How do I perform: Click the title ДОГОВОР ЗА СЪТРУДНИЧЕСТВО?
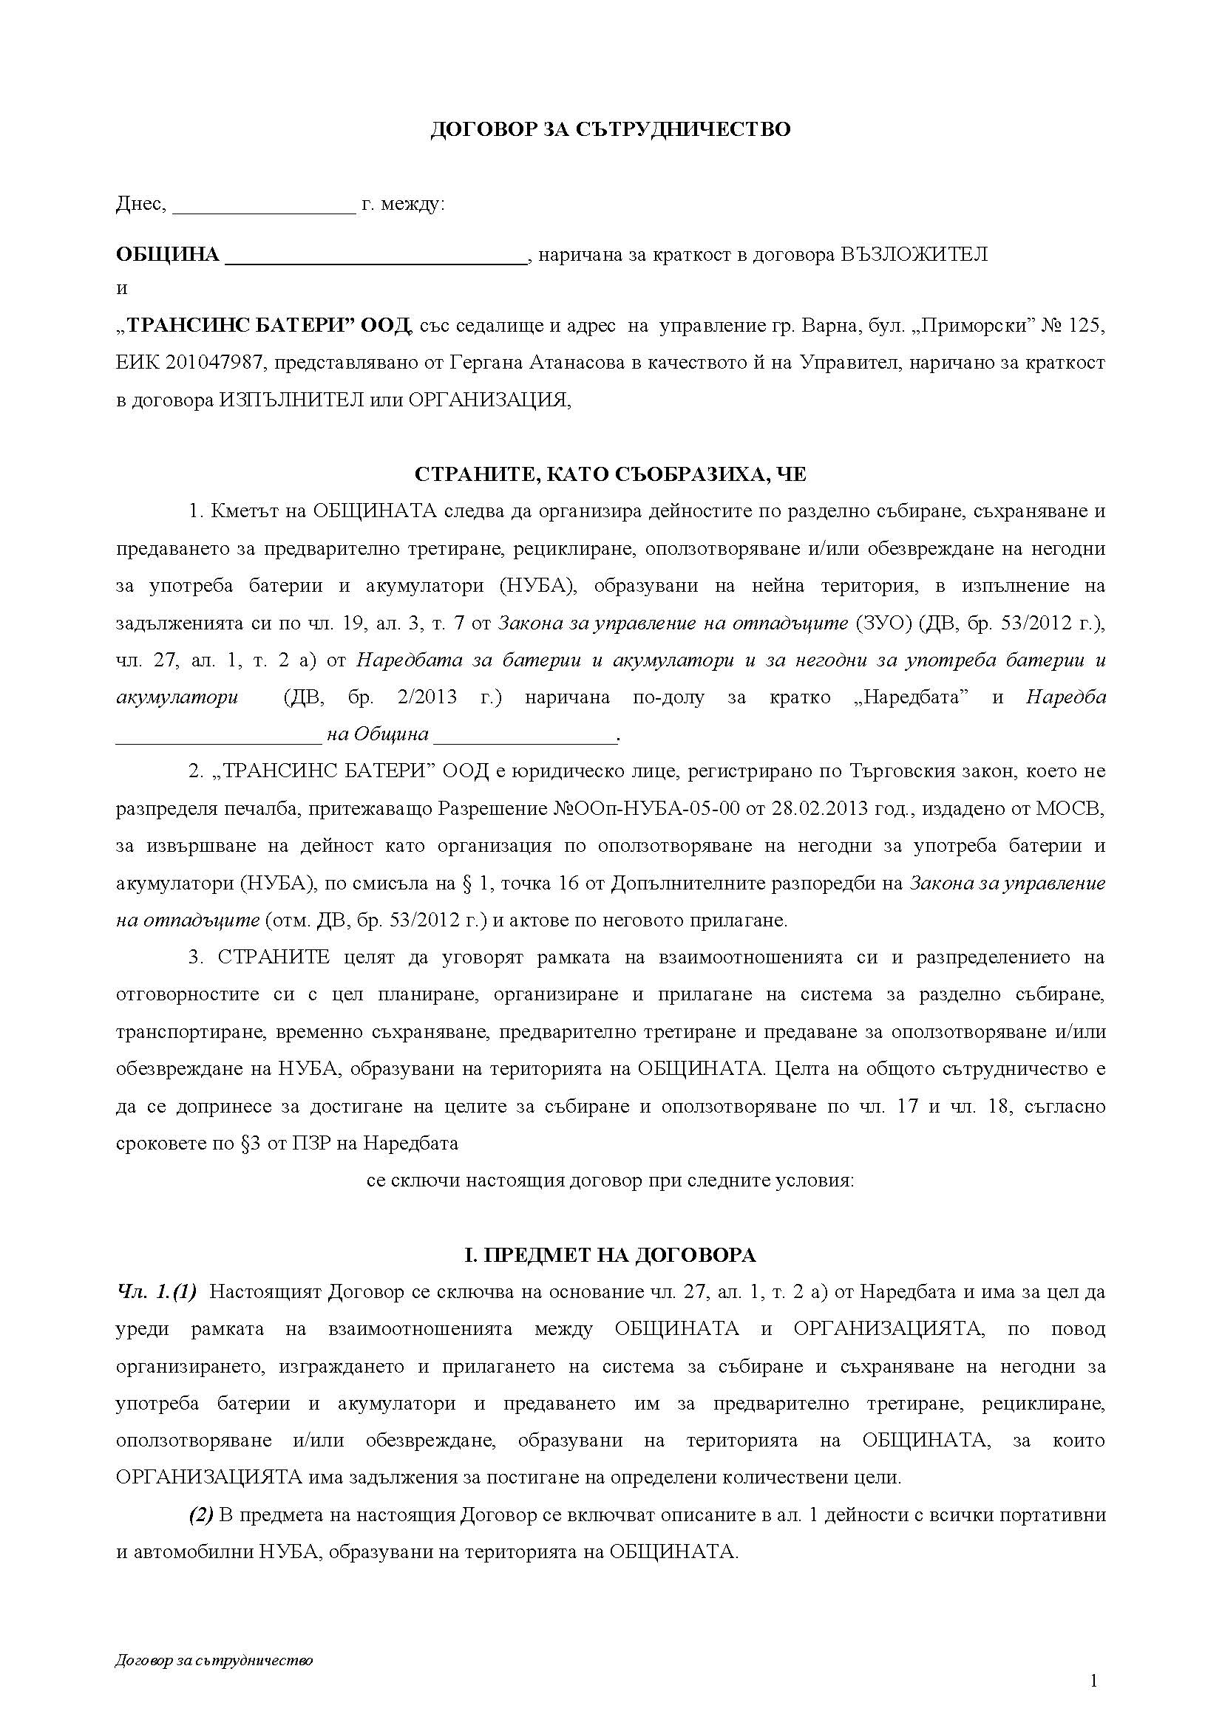[610, 129]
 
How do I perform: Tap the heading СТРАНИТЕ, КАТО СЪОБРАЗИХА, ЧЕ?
[610, 474]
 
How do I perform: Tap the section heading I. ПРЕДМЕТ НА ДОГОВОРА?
[610, 1254]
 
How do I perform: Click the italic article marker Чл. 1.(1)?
[157, 1292]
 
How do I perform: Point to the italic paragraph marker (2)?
[201, 1515]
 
